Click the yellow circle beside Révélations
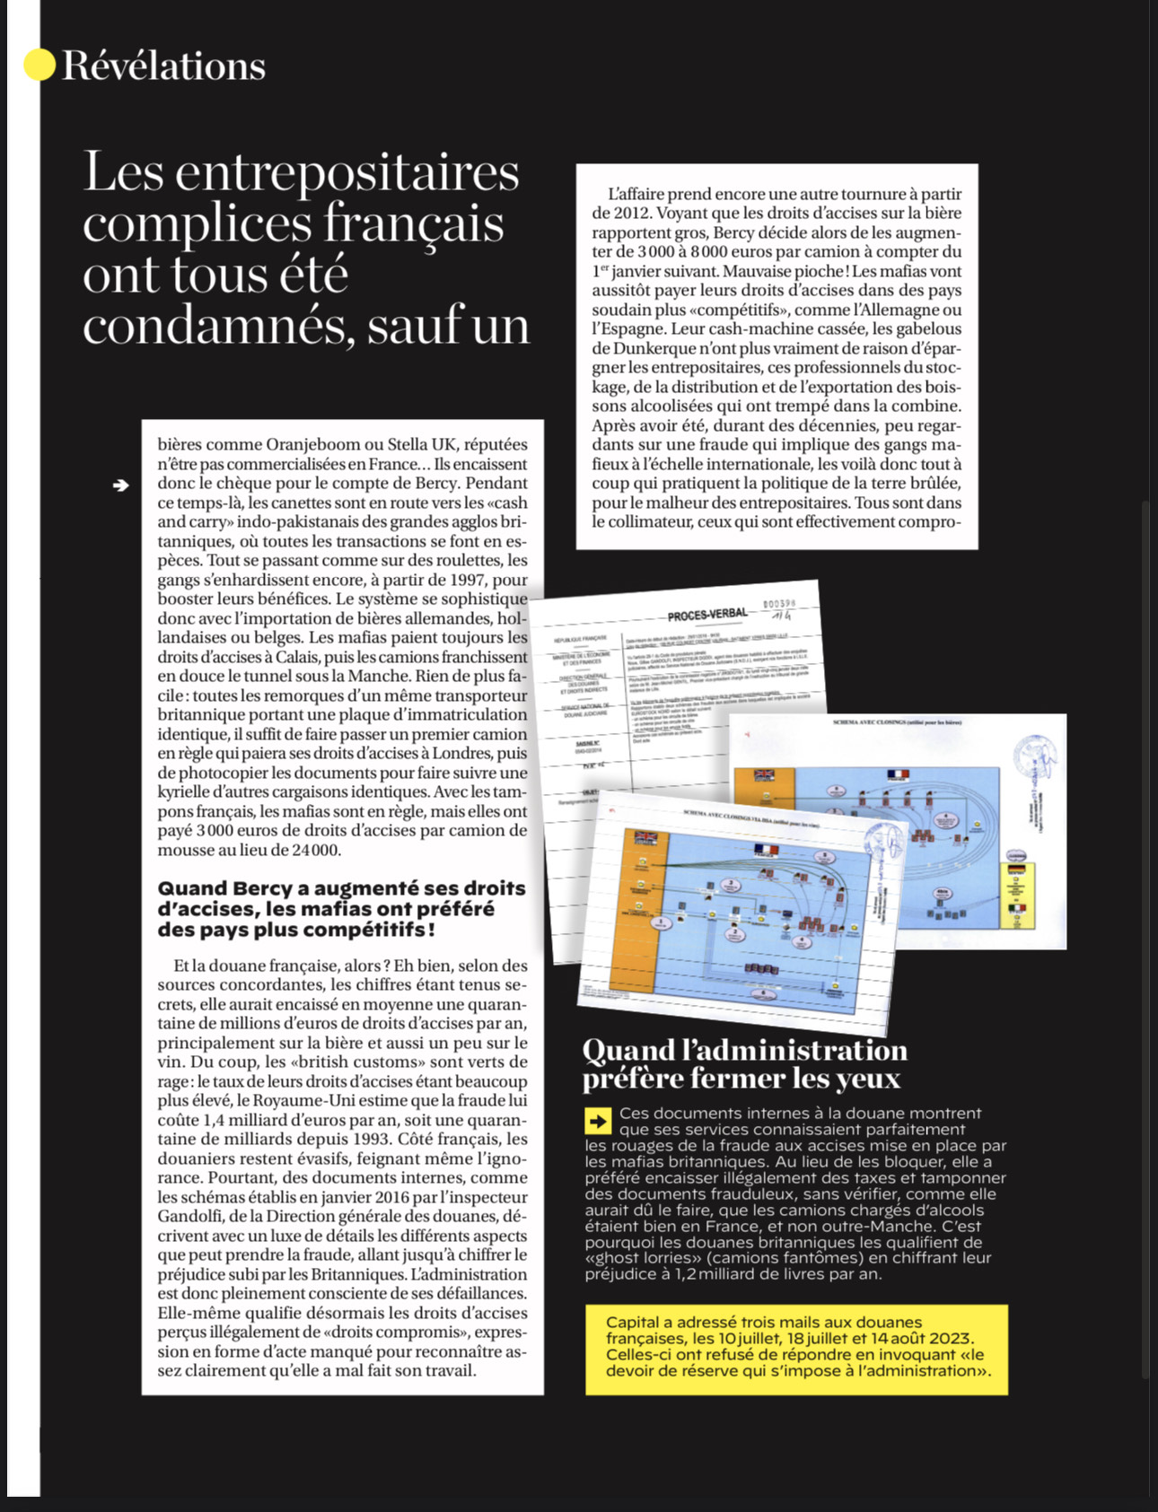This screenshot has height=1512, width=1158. (x=39, y=64)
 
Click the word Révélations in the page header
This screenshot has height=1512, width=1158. (x=163, y=66)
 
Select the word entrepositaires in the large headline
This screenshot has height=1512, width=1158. (x=347, y=171)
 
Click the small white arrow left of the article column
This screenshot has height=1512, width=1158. (x=121, y=485)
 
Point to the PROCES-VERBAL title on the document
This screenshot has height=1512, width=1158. (x=706, y=615)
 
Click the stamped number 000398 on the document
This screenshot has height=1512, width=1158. (x=778, y=604)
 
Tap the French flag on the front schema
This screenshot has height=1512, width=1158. (x=765, y=849)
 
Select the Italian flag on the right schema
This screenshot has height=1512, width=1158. (x=1015, y=908)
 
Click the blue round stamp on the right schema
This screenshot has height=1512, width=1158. (x=1036, y=760)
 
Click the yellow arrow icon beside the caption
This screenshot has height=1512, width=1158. (x=597, y=1120)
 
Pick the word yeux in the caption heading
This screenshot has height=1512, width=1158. (x=865, y=1078)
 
